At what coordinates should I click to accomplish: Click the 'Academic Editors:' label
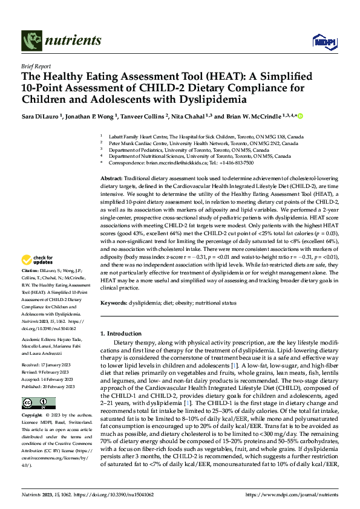[41, 340]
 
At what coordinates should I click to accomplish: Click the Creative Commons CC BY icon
[35, 403]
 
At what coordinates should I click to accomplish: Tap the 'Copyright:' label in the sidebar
[33, 416]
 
